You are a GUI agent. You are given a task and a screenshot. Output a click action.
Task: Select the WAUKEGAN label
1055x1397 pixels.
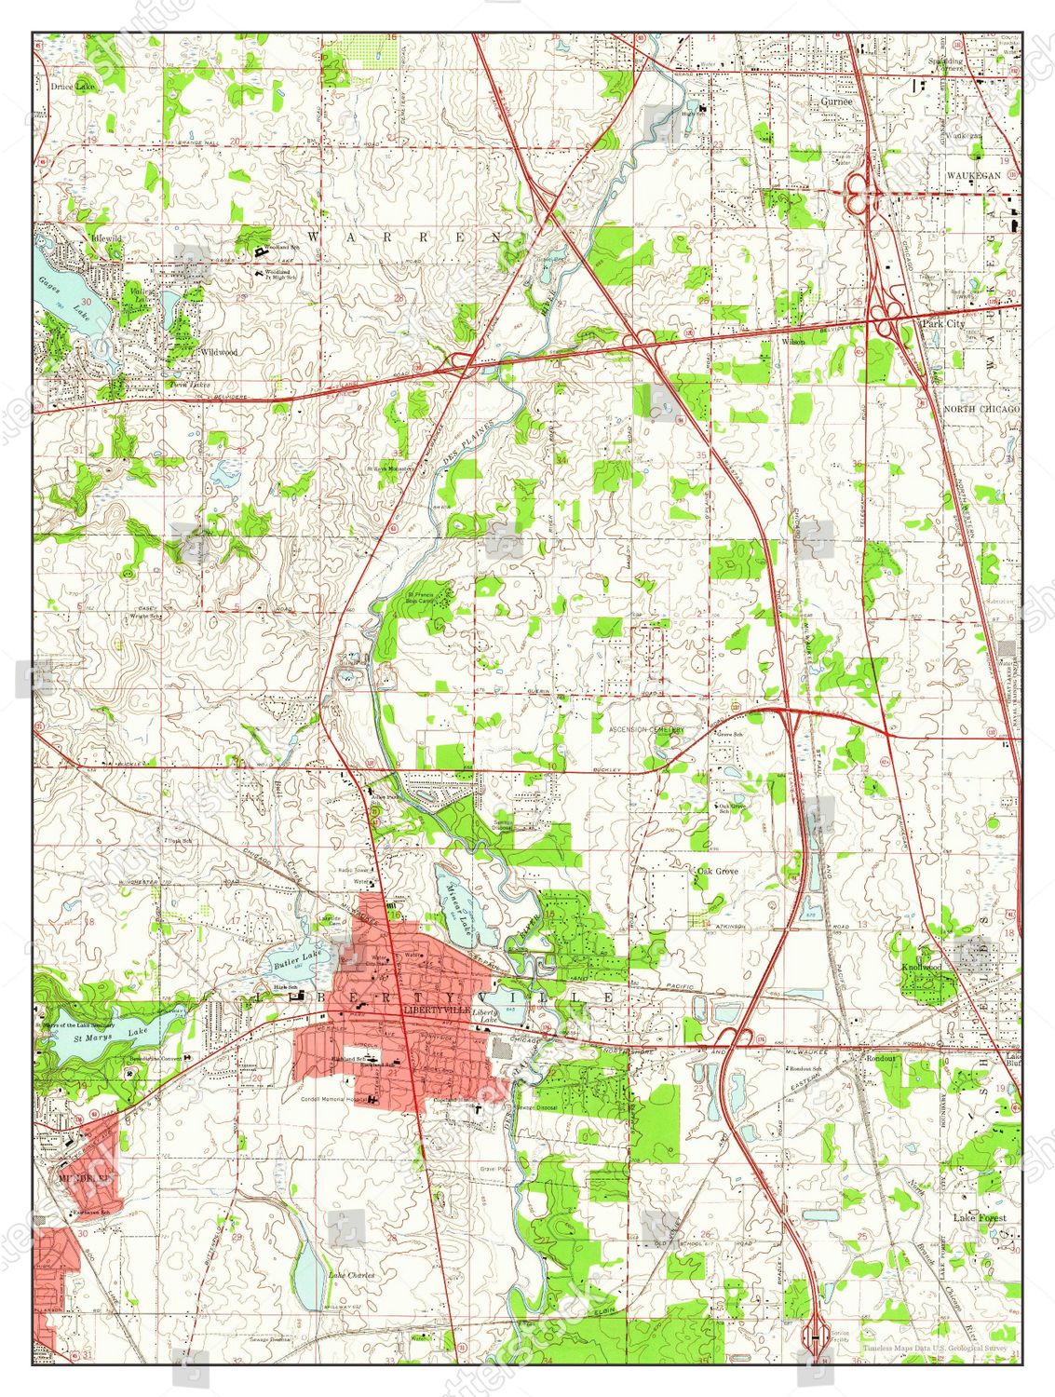tap(973, 175)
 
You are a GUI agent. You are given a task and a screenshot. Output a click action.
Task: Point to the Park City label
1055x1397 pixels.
tap(942, 323)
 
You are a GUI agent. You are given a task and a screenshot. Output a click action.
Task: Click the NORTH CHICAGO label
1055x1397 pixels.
tap(981, 409)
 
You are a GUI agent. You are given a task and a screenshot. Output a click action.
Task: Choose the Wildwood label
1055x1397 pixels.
tap(219, 352)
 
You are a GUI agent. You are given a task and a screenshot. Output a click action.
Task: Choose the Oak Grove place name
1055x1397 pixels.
tap(717, 872)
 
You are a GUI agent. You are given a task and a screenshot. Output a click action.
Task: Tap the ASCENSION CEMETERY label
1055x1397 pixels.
tap(647, 730)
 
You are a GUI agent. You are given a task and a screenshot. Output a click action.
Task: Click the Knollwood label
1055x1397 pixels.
tap(921, 968)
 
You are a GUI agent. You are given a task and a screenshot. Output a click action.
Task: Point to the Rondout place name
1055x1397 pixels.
tap(879, 1058)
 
